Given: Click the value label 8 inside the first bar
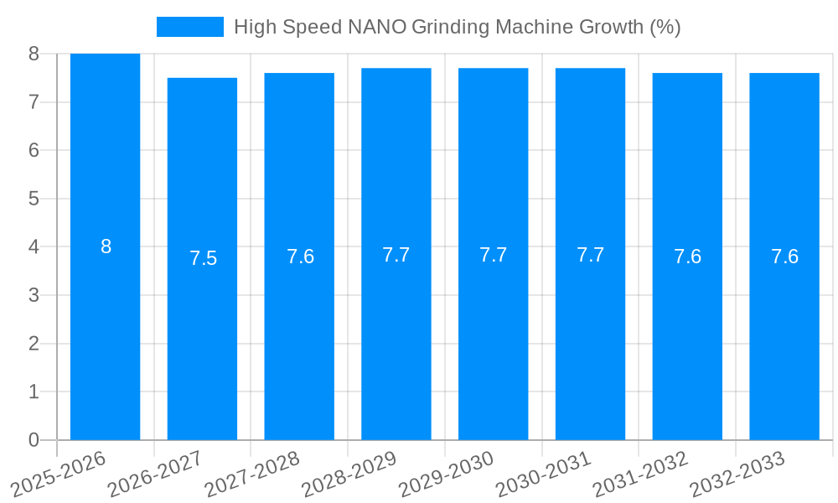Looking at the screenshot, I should click(x=106, y=246).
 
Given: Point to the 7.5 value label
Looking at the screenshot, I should click(x=203, y=258).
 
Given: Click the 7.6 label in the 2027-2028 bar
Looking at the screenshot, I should click(x=300, y=257).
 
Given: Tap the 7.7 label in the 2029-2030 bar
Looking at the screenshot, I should click(x=493, y=255).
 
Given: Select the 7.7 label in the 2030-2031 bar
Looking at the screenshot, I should click(x=590, y=255).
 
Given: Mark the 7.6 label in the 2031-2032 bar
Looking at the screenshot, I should click(x=687, y=257).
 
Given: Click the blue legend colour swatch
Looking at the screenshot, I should click(x=190, y=27).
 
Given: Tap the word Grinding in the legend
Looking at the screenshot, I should click(x=449, y=27).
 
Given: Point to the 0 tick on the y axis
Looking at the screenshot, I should click(x=34, y=440).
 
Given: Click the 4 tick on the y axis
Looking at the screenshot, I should click(x=34, y=247).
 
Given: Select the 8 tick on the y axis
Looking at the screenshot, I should click(x=34, y=54).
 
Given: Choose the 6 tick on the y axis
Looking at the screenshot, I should click(x=34, y=150).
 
